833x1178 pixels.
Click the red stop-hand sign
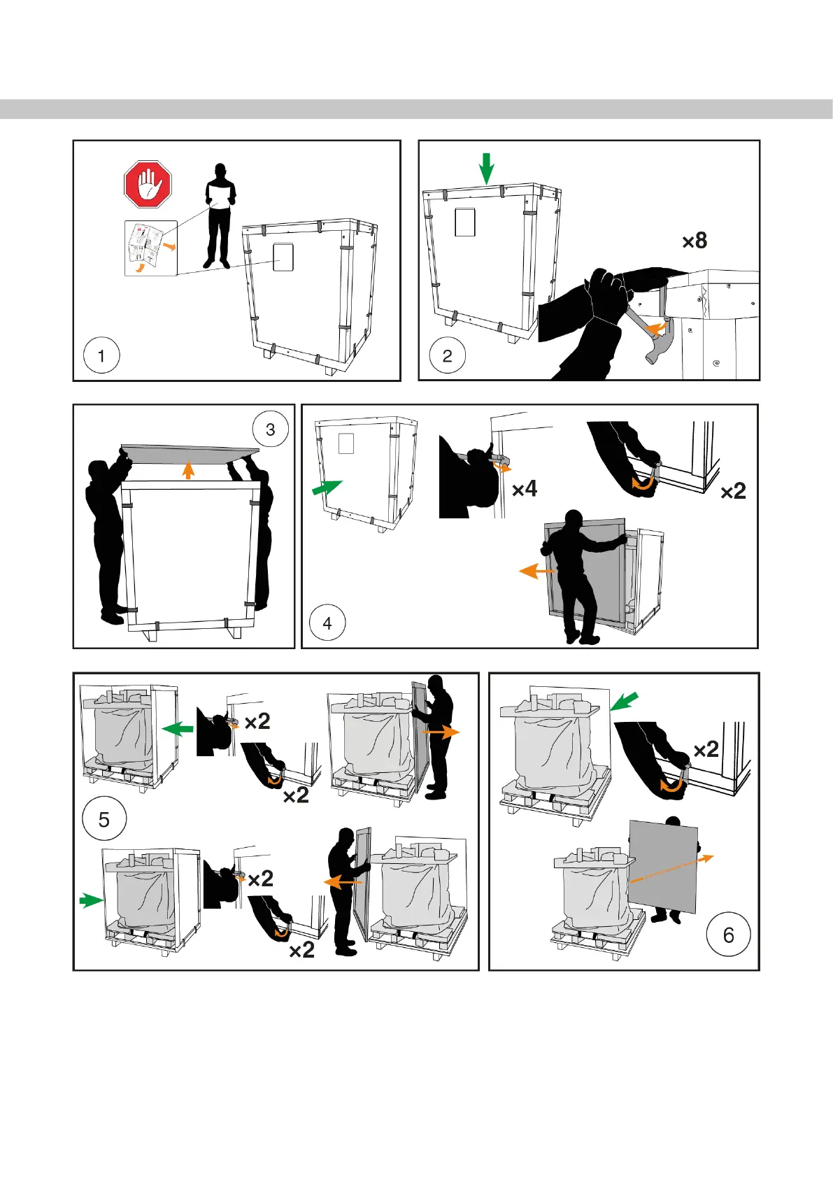pos(148,184)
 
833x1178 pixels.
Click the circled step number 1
pos(101,355)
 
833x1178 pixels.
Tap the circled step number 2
pos(448,355)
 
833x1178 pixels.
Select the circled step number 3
pos(271,430)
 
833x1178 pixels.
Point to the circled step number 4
pos(327,623)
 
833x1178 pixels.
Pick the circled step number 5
pos(104,819)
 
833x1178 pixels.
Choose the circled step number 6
pos(728,935)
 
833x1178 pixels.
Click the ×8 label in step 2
pos(695,241)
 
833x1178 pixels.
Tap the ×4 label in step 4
pos(525,488)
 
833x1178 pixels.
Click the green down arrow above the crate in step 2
pos(486,169)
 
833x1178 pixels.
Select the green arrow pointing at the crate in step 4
pos(327,488)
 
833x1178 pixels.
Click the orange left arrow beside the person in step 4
pos(536,572)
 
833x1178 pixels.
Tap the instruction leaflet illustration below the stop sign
pos(150,248)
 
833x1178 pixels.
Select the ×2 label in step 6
pos(706,749)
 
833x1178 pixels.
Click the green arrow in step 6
pos(624,701)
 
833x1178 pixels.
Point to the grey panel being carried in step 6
pos(663,865)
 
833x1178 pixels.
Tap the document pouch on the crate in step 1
pos(282,257)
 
